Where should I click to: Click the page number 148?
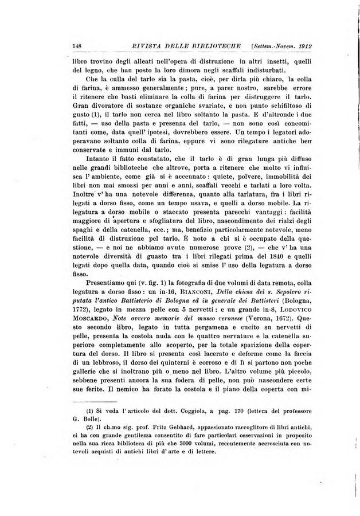click(74, 46)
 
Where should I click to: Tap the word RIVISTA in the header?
click(132, 46)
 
